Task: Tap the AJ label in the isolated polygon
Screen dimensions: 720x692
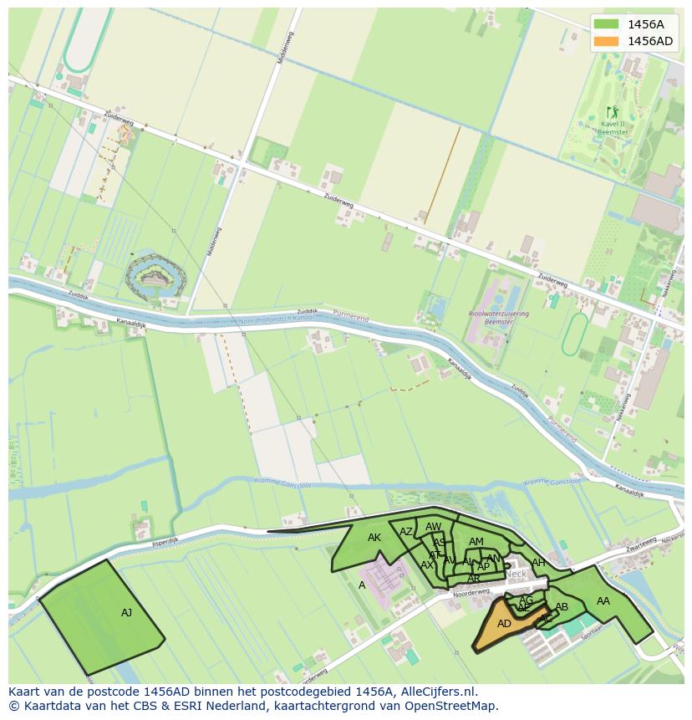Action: [126, 613]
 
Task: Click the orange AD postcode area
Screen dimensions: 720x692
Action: [503, 624]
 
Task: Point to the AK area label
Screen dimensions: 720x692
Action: [374, 538]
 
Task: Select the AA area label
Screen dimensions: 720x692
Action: [603, 600]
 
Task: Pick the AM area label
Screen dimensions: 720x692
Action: [476, 542]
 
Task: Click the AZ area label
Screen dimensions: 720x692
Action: [406, 532]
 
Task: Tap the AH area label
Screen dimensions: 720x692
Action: [538, 563]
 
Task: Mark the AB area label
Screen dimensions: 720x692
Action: [562, 607]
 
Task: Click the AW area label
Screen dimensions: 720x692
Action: [433, 527]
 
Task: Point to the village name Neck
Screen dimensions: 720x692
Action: [516, 574]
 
